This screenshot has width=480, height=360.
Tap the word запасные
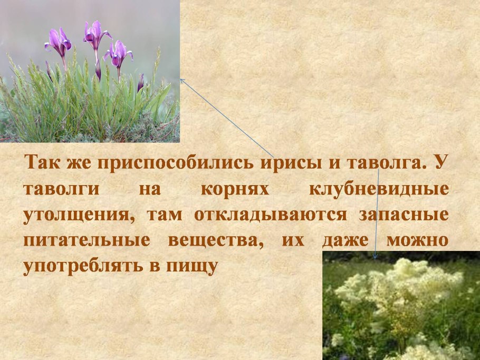pos(404,215)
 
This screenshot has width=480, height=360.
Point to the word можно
pos(417,241)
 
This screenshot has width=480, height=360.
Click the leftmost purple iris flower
pos(59,42)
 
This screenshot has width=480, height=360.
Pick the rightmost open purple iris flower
pos(118,53)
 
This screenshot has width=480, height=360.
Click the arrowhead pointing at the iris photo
pos(182,80)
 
